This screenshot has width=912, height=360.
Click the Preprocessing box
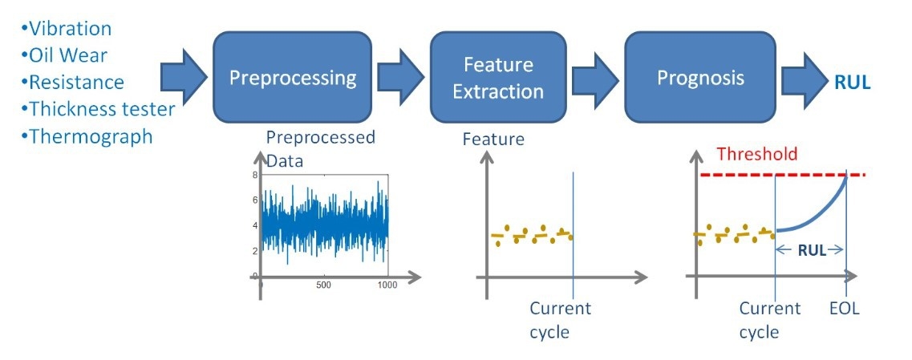pyautogui.click(x=293, y=77)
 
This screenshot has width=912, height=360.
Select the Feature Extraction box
pyautogui.click(x=498, y=77)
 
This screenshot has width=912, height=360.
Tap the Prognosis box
pyautogui.click(x=700, y=77)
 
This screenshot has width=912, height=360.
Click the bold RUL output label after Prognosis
pyautogui.click(x=853, y=83)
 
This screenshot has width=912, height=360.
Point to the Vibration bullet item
pyautogui.click(x=66, y=28)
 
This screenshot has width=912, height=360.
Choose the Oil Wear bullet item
pyautogui.click(x=64, y=55)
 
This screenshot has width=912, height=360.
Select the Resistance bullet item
pyautogui.click(x=72, y=82)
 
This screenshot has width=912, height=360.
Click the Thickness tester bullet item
pyautogui.click(x=98, y=109)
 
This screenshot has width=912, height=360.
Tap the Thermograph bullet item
pyautogui.click(x=87, y=136)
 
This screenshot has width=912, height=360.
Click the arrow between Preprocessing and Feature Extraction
pyautogui.click(x=401, y=77)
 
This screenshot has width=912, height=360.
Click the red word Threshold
pyautogui.click(x=756, y=154)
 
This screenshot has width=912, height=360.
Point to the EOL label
pyautogui.click(x=845, y=309)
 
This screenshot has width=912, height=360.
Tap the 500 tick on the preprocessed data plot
pyautogui.click(x=323, y=285)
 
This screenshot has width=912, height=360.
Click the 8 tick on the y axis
pyautogui.click(x=255, y=175)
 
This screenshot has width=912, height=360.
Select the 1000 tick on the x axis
pyautogui.click(x=387, y=285)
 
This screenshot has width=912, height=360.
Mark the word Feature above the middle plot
pyautogui.click(x=493, y=140)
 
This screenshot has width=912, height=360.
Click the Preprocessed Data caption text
pyautogui.click(x=321, y=149)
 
